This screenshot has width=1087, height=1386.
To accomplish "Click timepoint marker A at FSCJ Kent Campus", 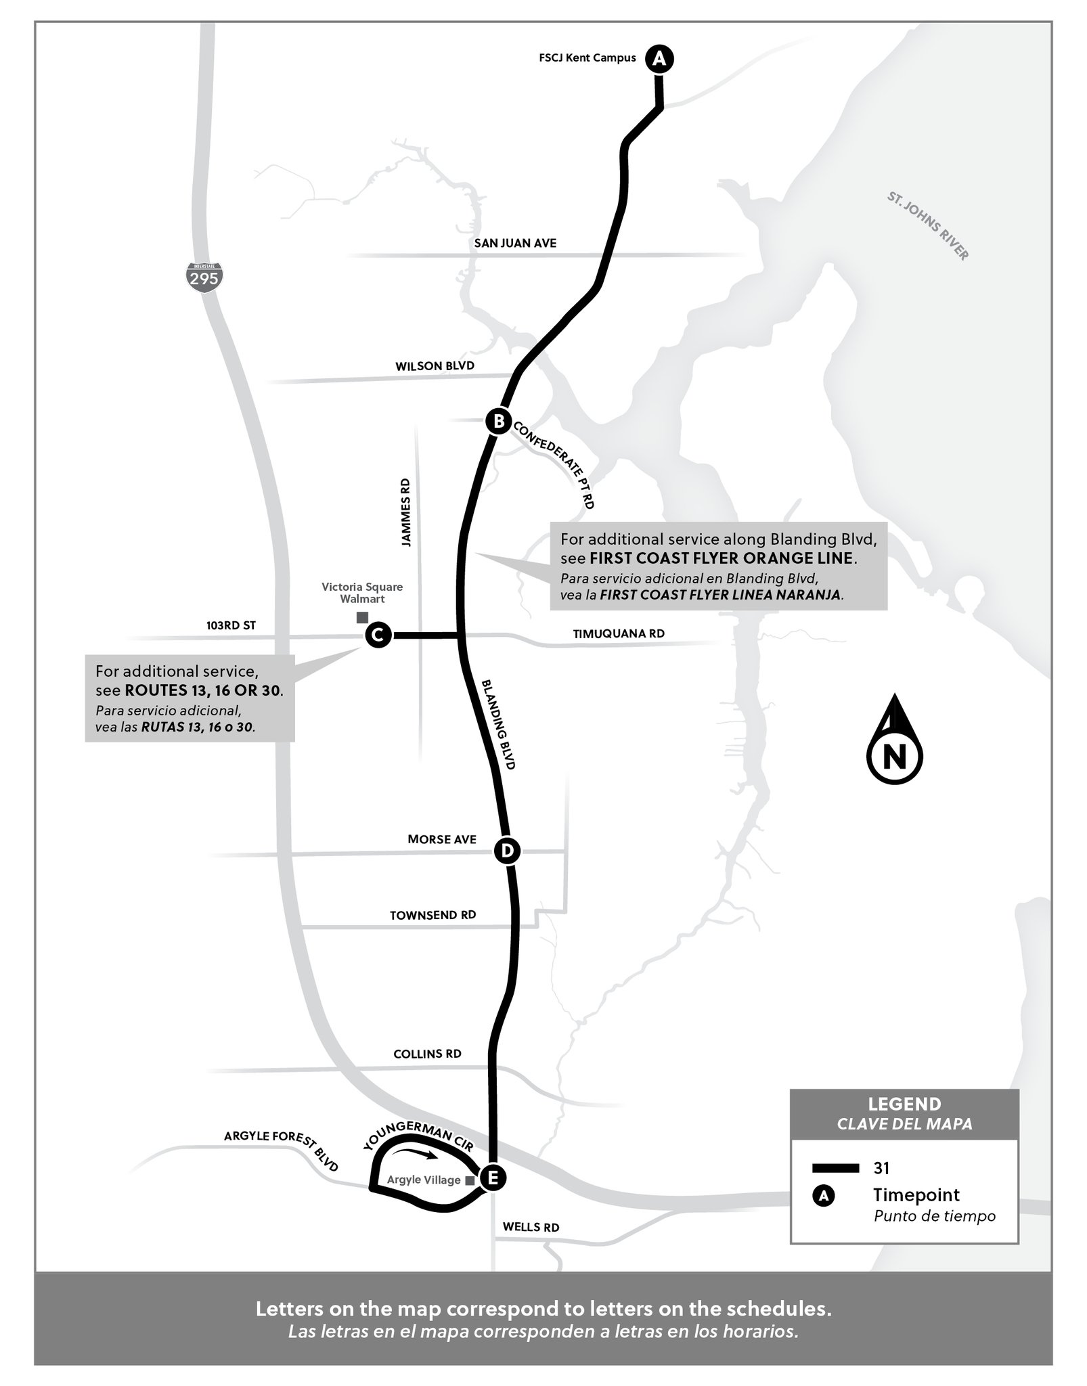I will click(659, 59).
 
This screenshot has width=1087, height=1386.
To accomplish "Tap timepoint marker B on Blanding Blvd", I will click(498, 422).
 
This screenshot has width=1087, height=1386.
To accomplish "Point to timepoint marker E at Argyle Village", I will click(492, 1178).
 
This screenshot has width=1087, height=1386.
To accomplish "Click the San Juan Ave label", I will click(516, 243).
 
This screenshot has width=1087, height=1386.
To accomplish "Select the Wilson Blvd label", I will click(435, 366).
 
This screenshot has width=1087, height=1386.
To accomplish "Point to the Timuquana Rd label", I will click(619, 633).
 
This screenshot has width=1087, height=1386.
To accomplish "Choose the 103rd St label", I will click(231, 625).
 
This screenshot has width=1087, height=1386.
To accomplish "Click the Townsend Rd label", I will click(432, 915).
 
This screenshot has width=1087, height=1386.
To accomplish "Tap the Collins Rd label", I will click(427, 1054).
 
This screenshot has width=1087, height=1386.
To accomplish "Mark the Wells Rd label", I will click(531, 1228).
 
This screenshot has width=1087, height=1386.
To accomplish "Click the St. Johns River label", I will click(928, 226).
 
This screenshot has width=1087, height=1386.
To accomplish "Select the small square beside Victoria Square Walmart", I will click(362, 617).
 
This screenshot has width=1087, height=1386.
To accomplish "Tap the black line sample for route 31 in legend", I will click(836, 1168).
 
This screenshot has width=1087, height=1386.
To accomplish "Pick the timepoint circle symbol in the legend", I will click(824, 1196).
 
